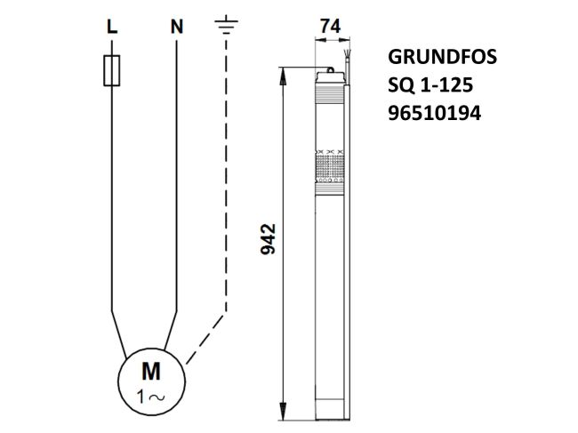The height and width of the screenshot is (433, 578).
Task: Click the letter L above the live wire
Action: click(111, 27)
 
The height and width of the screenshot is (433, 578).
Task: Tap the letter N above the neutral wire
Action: click(177, 27)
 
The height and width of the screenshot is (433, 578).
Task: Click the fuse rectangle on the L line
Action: click(111, 72)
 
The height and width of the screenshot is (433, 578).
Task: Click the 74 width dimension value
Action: click(330, 28)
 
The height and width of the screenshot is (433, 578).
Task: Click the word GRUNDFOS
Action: click(442, 58)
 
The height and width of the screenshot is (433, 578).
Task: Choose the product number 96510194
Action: click(434, 113)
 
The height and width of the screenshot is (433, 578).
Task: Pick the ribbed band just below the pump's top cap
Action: click(329, 92)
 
